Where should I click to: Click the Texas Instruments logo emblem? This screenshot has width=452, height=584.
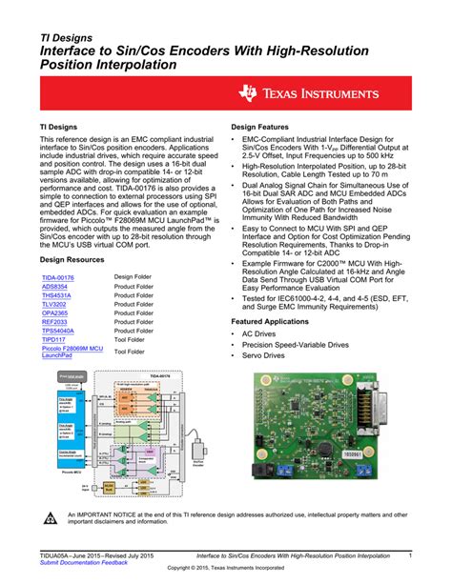[x=250, y=93]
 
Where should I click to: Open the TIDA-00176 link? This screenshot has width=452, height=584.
[x=58, y=277]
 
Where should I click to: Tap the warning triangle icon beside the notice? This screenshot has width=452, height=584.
[x=51, y=518]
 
